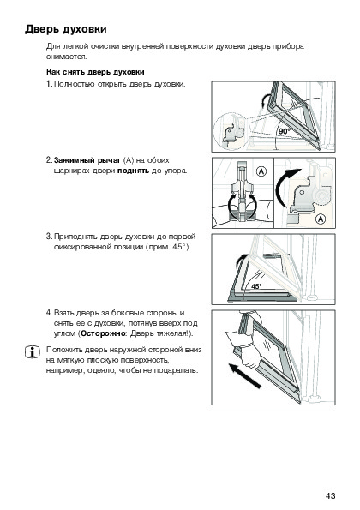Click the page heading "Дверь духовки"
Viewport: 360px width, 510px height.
pyautogui.click(x=66, y=29)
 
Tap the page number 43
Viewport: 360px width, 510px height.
pyautogui.click(x=330, y=495)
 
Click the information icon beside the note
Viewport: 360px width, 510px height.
pyautogui.click(x=33, y=352)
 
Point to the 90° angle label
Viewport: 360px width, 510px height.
pyautogui.click(x=284, y=131)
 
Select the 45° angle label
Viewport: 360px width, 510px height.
pyautogui.click(x=256, y=286)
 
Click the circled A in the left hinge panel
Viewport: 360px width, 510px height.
pyautogui.click(x=261, y=171)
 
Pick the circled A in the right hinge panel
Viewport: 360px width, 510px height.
pyautogui.click(x=321, y=219)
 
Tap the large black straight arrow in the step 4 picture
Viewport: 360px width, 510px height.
pyautogui.click(x=244, y=376)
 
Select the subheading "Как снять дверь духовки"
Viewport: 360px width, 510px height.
pyautogui.click(x=95, y=72)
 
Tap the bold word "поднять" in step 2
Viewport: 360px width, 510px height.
pyautogui.click(x=133, y=171)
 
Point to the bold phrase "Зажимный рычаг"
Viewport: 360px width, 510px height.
pyautogui.click(x=87, y=160)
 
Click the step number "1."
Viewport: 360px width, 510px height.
pyautogui.click(x=49, y=84)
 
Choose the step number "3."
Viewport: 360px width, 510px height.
pyautogui.click(x=49, y=237)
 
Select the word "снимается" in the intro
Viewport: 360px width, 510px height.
pyautogui.click(x=66, y=57)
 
